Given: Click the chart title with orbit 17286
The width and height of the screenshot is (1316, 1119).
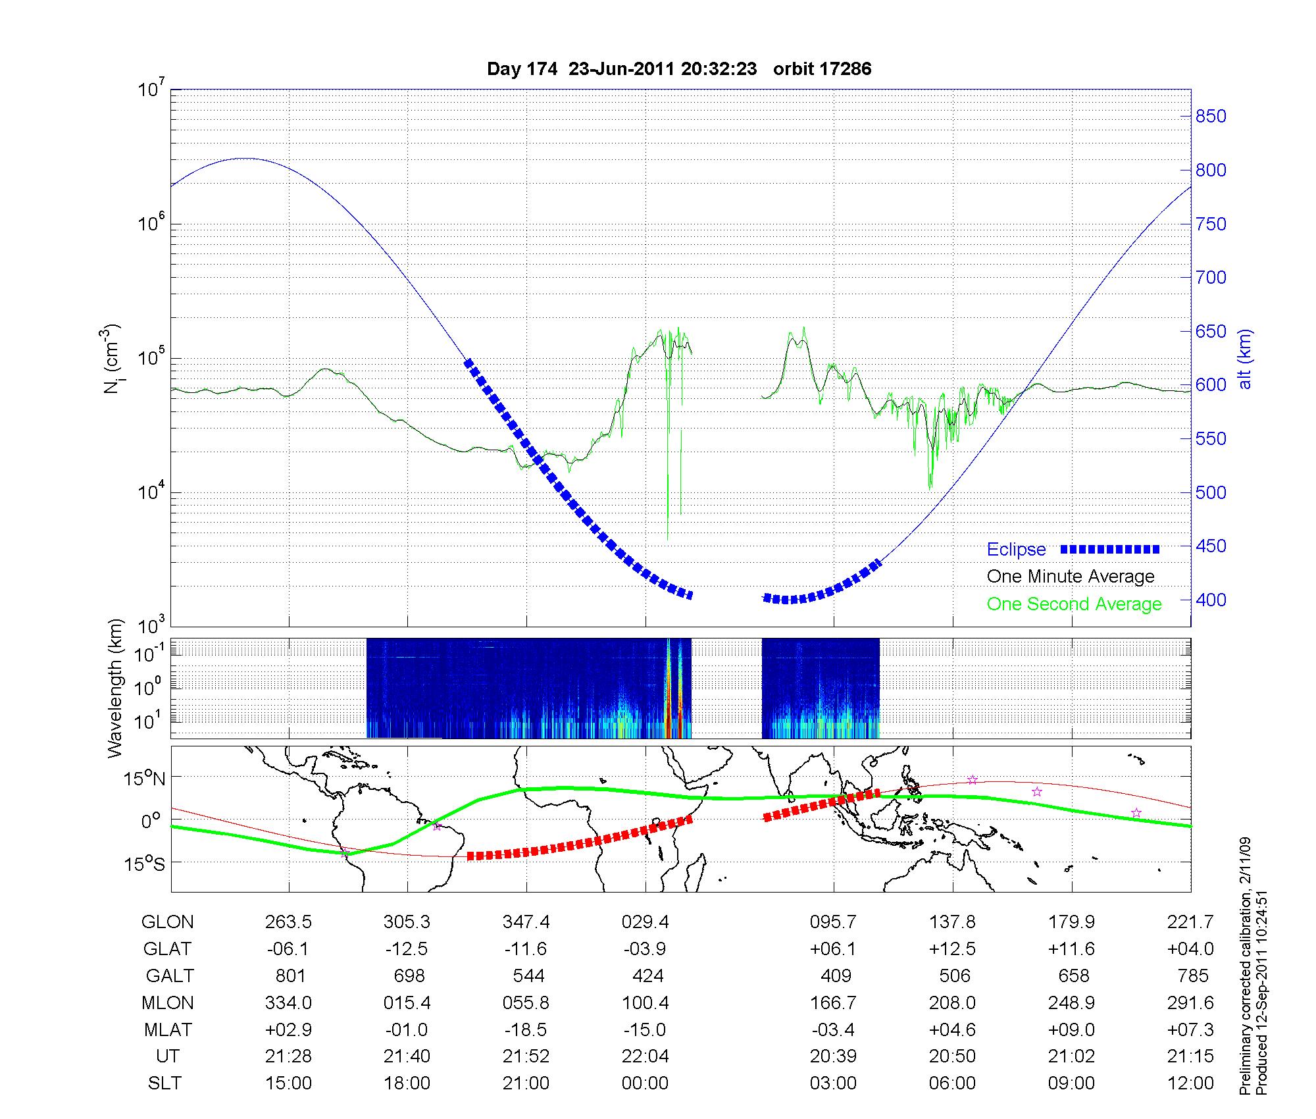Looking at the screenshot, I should [x=679, y=69].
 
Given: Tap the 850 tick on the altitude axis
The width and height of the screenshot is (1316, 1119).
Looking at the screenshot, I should [x=1210, y=117].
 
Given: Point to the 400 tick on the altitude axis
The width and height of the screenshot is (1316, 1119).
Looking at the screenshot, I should [x=1210, y=600].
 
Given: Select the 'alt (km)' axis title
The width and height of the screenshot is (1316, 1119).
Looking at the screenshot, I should [x=1245, y=359].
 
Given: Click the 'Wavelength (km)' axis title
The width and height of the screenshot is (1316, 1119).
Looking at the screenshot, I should [x=115, y=688].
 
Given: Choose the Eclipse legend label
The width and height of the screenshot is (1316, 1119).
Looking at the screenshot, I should [x=1016, y=550].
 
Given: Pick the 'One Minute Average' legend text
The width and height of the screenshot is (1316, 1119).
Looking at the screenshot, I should [x=1071, y=577].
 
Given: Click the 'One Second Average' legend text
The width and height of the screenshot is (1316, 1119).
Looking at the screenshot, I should [x=1074, y=604].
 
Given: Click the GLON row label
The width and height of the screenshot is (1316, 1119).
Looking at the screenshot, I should [x=167, y=922].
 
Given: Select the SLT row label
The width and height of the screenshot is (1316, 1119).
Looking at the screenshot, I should [x=164, y=1083].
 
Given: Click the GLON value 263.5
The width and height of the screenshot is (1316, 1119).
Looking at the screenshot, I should [x=288, y=922].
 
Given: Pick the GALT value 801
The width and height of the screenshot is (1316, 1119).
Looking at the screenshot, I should [x=289, y=976].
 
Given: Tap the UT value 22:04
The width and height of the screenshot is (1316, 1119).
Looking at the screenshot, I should [x=645, y=1056].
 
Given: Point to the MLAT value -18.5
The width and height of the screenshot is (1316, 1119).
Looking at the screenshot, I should [x=526, y=1029].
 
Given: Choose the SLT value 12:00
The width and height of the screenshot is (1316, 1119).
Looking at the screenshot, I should [x=1190, y=1083].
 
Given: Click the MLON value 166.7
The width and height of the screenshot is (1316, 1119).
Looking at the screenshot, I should [x=833, y=1002].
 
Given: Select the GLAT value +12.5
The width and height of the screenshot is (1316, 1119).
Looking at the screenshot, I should [x=952, y=949].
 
